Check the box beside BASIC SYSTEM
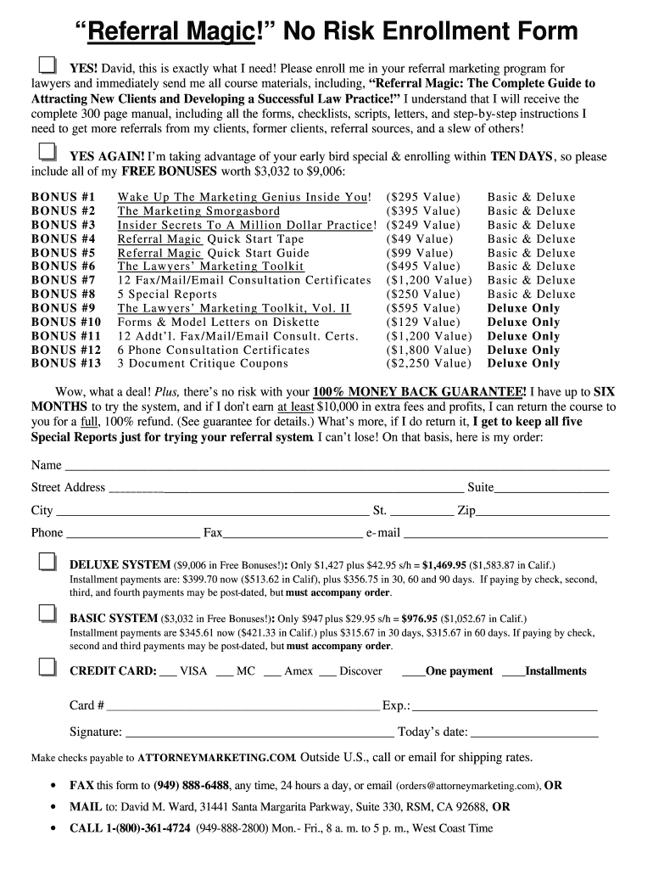[x=47, y=614]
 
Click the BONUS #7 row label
[x=64, y=280]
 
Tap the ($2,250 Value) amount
[x=428, y=363]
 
